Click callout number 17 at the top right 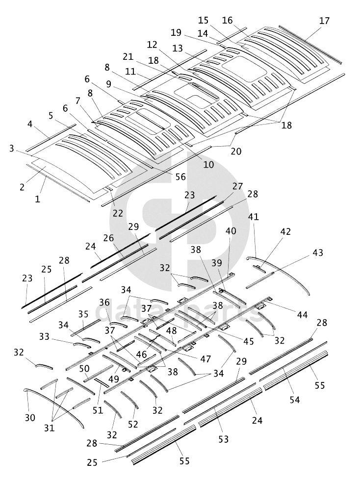click(x=324, y=21)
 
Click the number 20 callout click(x=235, y=152)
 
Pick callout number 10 click(x=208, y=165)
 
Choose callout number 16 click(x=227, y=20)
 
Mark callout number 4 click(x=30, y=125)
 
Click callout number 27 click(x=238, y=186)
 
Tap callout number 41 click(x=254, y=216)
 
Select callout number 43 click(x=318, y=253)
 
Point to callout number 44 click(x=303, y=314)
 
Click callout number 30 click(x=30, y=418)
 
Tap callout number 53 click(x=224, y=439)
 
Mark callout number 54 click(x=294, y=400)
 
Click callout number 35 click(x=83, y=314)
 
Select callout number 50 click(x=84, y=368)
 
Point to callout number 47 click(x=205, y=358)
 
